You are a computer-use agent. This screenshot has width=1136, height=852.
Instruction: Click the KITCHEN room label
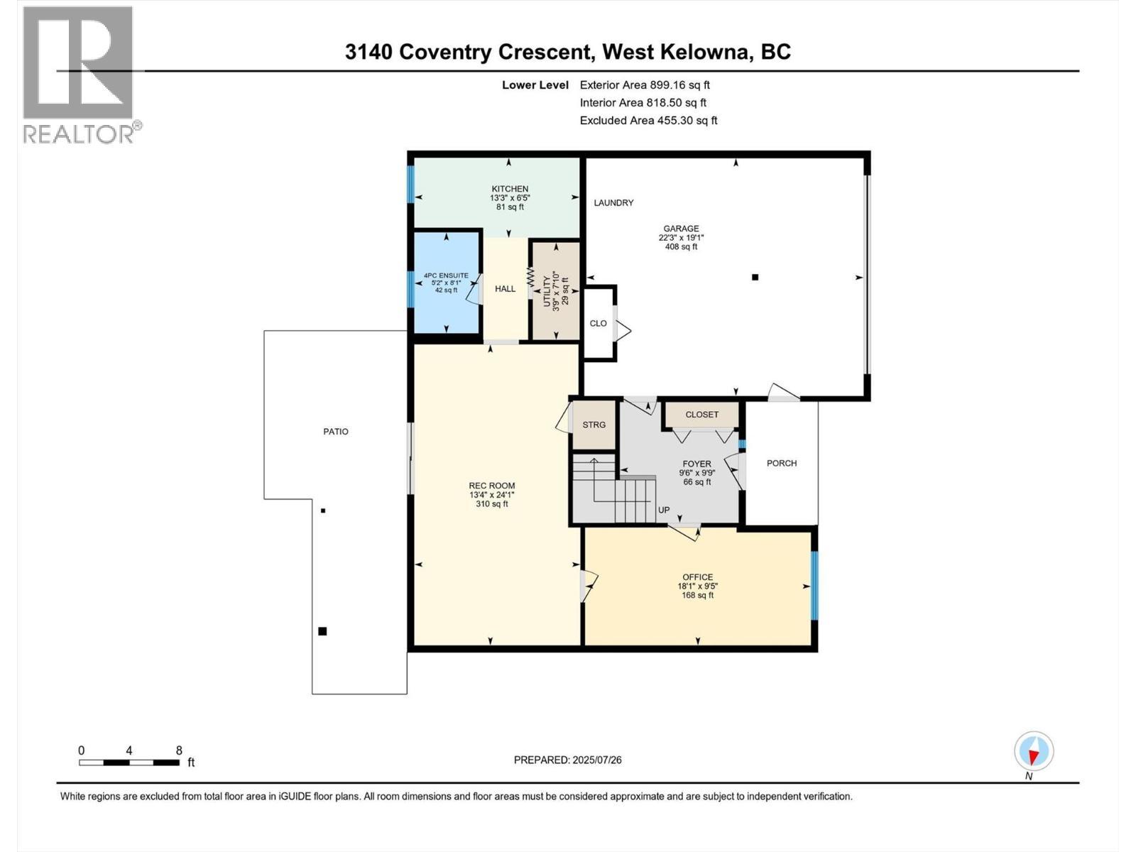(x=510, y=190)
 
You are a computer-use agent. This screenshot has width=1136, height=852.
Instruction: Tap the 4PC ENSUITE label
(x=446, y=275)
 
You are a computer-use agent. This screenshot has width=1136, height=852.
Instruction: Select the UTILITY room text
(x=547, y=290)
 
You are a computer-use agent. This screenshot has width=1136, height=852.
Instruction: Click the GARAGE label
(x=681, y=229)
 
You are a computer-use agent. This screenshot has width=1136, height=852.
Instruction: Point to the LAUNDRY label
(x=613, y=203)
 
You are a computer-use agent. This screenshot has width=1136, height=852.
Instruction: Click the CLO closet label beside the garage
(x=598, y=324)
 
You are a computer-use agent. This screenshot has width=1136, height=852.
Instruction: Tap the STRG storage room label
(x=594, y=425)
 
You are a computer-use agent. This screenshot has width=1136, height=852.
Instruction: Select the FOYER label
(x=697, y=464)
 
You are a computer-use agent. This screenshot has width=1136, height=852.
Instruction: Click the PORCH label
(x=781, y=464)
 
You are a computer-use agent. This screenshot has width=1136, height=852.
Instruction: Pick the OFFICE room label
(x=697, y=577)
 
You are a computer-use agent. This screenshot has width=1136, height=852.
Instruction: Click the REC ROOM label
(x=491, y=486)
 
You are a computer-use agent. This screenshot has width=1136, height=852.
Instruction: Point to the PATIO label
(x=336, y=432)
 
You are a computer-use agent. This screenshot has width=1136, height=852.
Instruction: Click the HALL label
(x=505, y=289)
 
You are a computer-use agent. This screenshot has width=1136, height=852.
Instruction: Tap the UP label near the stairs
(x=663, y=510)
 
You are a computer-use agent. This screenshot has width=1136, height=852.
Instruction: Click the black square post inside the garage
(x=755, y=278)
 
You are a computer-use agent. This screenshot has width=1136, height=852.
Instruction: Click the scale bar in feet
(x=129, y=763)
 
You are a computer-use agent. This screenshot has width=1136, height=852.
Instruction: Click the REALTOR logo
(x=80, y=75)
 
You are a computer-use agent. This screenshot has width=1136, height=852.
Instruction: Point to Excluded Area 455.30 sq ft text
(x=648, y=121)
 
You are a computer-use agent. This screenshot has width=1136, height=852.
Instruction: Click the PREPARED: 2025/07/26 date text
(x=567, y=760)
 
